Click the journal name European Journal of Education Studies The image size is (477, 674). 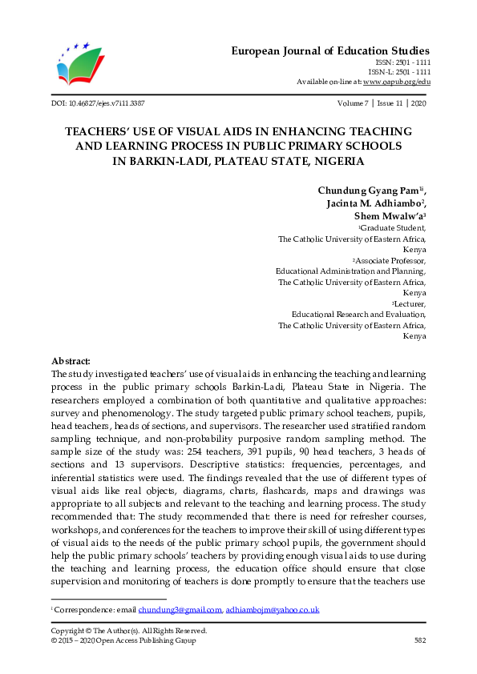coord(330,50)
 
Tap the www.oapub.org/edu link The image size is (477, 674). coord(397,82)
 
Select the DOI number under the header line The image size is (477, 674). coord(98,104)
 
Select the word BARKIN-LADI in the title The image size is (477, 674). coord(155,160)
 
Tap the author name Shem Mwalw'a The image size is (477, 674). coord(388,216)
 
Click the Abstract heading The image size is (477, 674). coord(71,362)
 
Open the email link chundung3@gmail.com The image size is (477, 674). coord(180,610)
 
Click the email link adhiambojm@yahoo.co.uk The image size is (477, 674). coord(273,610)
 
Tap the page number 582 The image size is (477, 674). coord(419,641)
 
